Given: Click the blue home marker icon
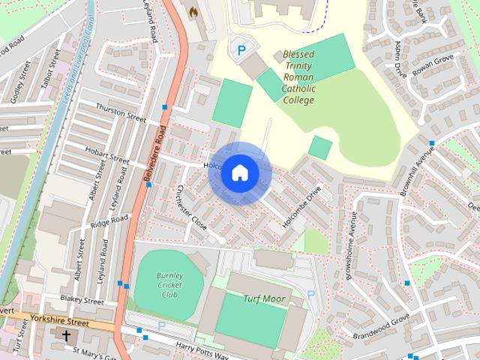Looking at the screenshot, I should (x=239, y=172).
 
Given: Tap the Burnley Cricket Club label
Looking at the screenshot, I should (x=168, y=285).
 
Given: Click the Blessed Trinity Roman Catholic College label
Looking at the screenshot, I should (x=299, y=77).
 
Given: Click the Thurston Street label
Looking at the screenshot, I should (x=121, y=113).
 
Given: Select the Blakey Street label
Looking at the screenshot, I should (x=83, y=301).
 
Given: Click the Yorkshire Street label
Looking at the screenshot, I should (x=60, y=321).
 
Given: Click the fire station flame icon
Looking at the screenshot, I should (x=193, y=13).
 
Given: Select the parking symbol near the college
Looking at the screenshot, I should (x=241, y=50).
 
